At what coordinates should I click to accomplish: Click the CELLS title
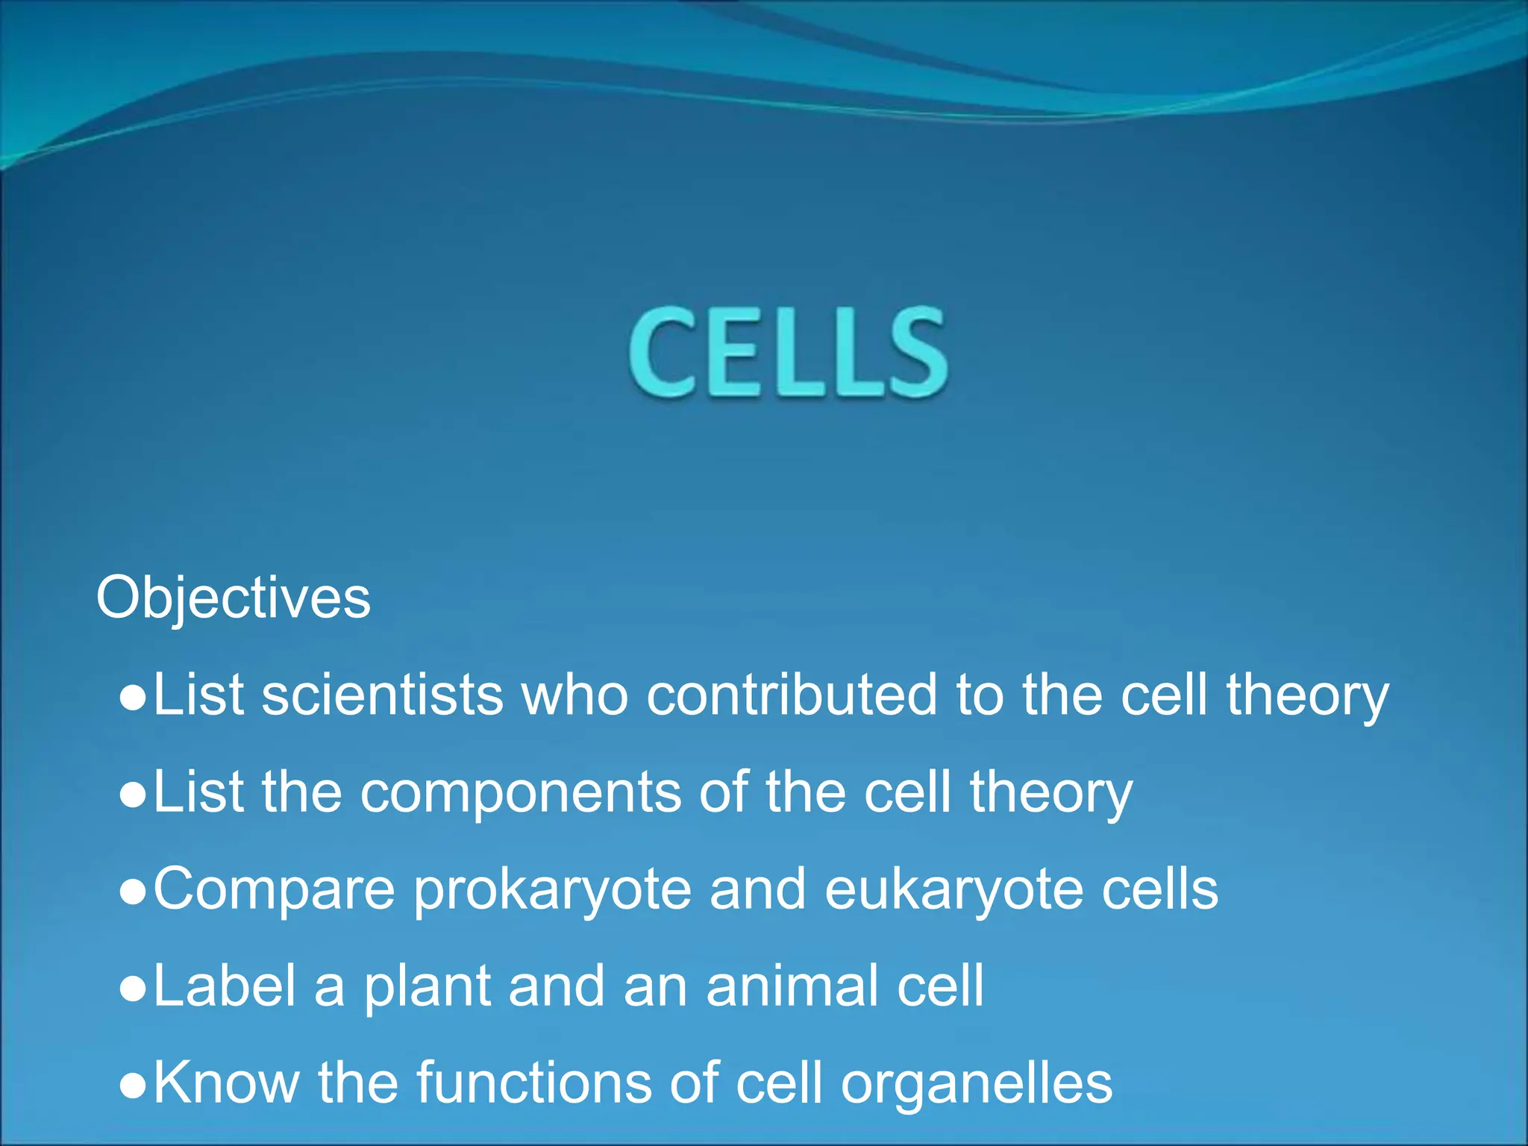(x=789, y=352)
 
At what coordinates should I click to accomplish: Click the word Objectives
(x=234, y=598)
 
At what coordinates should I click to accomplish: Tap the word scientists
(x=383, y=695)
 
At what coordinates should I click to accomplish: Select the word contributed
(x=792, y=695)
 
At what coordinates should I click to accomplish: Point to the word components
(x=521, y=792)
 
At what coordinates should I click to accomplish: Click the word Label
(x=225, y=986)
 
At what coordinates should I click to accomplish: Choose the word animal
(x=792, y=986)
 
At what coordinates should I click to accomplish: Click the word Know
(x=226, y=1083)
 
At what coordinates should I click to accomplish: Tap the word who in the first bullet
(x=574, y=695)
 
